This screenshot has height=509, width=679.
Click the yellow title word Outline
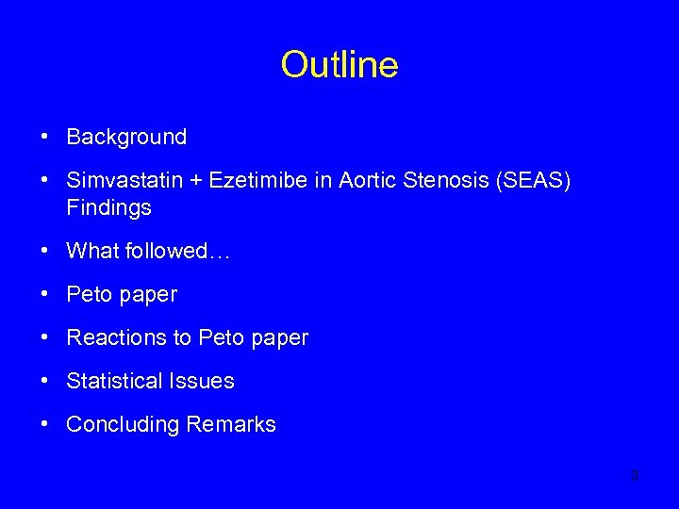click(339, 65)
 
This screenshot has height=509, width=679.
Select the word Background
click(126, 137)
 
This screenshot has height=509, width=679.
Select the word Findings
click(108, 208)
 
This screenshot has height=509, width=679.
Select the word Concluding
click(123, 424)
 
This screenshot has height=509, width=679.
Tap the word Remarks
click(231, 424)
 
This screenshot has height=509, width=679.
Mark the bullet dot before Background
click(45, 137)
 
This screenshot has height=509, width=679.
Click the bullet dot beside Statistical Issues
click(45, 381)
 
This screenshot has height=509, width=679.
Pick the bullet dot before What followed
click(45, 251)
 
